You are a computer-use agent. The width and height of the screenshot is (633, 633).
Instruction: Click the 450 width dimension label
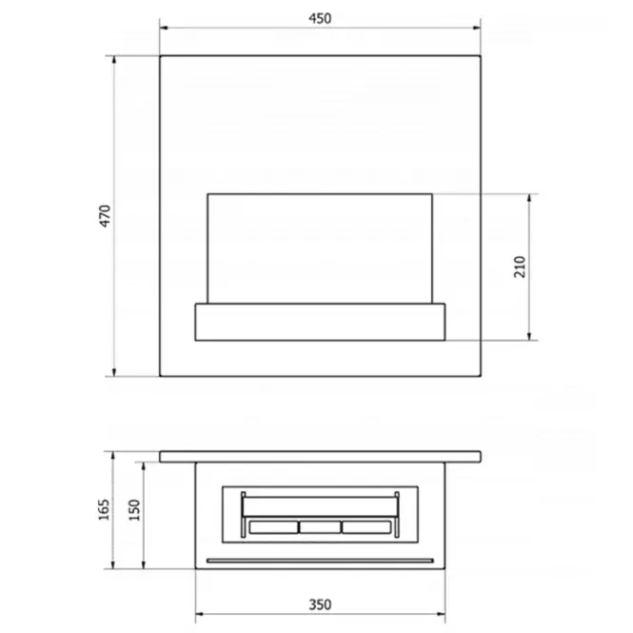coord(320,19)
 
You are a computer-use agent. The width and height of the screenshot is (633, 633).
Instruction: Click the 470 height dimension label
coord(105,216)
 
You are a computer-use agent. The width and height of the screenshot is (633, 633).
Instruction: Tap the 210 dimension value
coord(520,267)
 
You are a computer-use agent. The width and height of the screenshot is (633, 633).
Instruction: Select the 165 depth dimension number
coord(104,509)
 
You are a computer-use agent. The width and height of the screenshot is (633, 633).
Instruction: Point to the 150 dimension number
coord(134,510)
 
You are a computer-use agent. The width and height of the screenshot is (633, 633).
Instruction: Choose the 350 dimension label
coord(320,604)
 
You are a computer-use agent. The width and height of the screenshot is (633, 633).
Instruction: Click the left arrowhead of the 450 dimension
coord(164,28)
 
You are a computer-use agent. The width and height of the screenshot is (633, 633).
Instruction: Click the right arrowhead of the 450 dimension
coord(477,28)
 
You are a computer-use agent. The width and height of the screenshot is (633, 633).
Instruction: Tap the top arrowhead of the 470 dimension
coord(114,60)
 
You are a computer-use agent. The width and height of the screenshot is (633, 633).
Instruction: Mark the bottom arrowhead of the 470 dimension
coord(114,372)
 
